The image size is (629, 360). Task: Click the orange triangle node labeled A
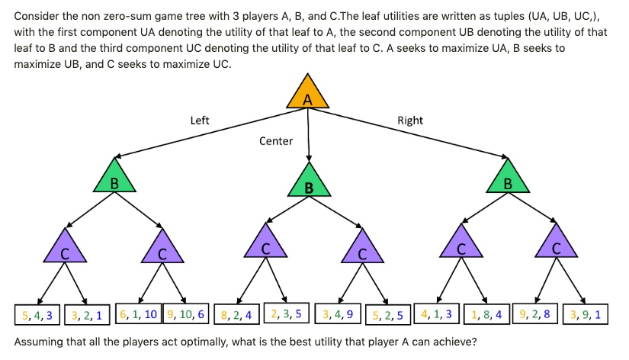[307, 95]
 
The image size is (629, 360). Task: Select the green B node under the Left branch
[114, 178]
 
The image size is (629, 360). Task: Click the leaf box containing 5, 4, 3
[37, 314]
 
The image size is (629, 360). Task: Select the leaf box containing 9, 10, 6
[187, 314]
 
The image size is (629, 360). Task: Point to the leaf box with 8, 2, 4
[236, 314]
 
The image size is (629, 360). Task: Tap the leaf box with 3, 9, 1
[585, 313]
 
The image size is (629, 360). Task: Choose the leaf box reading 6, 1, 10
[138, 314]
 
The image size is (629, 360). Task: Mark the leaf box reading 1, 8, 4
[486, 313]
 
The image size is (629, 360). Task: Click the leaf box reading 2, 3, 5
[286, 313]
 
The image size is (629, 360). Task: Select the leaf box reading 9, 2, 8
[534, 313]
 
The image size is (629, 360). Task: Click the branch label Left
[200, 121]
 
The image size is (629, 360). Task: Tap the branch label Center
[276, 141]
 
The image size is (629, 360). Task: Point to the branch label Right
[410, 121]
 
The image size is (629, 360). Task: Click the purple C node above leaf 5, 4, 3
[65, 249]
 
